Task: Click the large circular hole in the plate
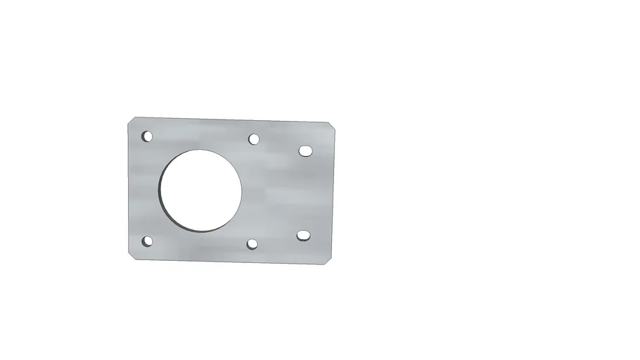click(201, 190)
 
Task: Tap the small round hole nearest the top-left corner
click(147, 136)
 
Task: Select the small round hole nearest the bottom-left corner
click(147, 241)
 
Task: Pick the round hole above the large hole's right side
click(254, 139)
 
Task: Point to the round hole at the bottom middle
click(252, 244)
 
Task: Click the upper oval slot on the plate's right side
click(305, 150)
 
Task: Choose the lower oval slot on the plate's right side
click(303, 235)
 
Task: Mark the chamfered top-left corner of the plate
click(132, 122)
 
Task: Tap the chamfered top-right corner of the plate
click(331, 127)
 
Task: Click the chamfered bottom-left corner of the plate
click(132, 255)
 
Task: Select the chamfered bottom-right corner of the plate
click(328, 259)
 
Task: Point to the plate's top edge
click(232, 120)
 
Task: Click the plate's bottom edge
click(232, 262)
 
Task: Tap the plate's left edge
click(128, 190)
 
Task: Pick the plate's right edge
click(333, 193)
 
